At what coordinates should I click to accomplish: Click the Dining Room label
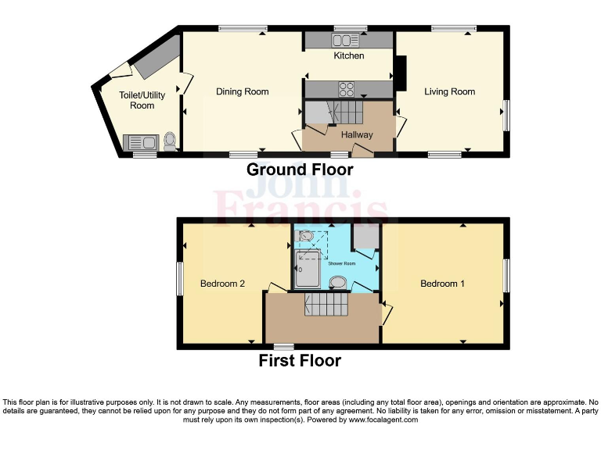242,91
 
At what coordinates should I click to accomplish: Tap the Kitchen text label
349,55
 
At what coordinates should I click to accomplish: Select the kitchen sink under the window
346,40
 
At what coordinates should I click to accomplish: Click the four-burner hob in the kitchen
347,88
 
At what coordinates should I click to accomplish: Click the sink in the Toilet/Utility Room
142,143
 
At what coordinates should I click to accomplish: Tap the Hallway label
356,134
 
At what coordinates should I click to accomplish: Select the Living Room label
449,91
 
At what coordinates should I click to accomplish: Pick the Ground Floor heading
300,169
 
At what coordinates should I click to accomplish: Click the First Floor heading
300,360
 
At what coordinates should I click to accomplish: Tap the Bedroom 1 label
442,284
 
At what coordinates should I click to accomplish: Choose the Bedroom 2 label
222,284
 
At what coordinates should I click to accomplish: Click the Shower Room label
341,263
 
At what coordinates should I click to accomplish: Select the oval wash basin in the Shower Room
338,282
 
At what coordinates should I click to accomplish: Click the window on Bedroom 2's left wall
179,279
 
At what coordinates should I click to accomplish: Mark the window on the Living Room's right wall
506,116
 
